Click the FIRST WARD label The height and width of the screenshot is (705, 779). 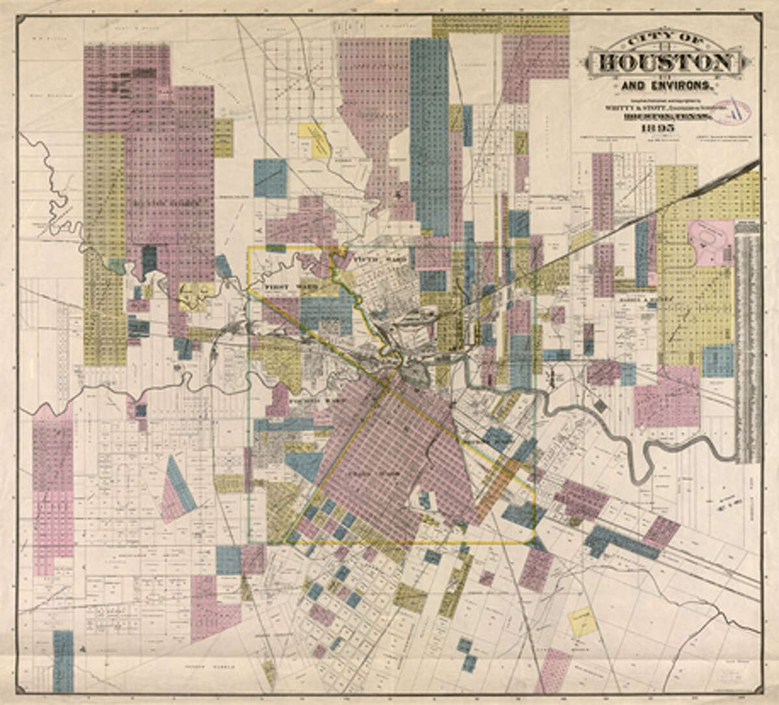point(282,285)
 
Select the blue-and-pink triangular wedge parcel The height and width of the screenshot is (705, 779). point(177,491)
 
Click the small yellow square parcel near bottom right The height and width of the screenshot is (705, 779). point(582,622)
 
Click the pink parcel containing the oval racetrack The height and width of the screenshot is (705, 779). point(710,243)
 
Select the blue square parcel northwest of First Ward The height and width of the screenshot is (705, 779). point(270,178)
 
